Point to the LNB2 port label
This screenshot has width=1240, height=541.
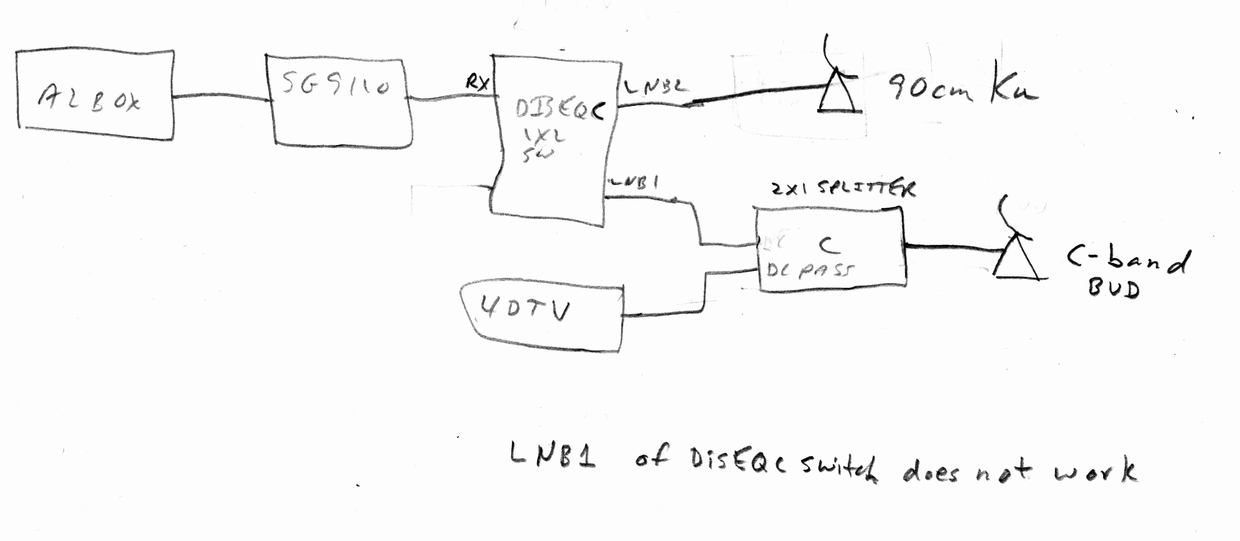(x=656, y=87)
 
